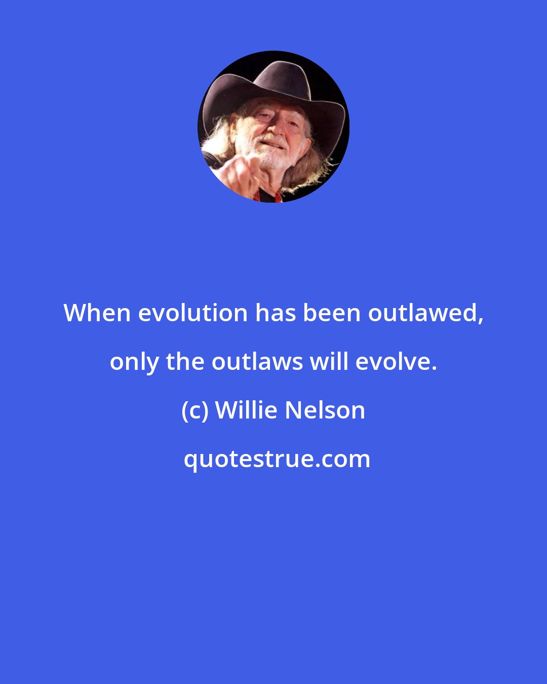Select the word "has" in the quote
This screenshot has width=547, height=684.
[x=275, y=313]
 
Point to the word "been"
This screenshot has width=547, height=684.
[x=332, y=313]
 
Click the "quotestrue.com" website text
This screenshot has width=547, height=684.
[x=277, y=459]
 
